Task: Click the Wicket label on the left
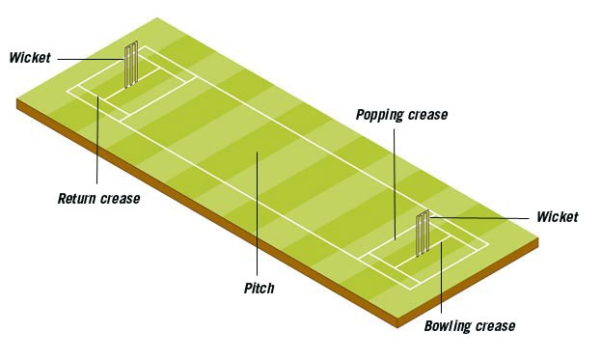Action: tap(30, 58)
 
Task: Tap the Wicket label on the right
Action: tap(557, 217)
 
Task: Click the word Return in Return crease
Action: tap(77, 199)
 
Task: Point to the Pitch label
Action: tap(260, 288)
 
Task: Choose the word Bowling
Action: tap(448, 326)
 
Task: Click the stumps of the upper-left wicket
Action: tap(130, 65)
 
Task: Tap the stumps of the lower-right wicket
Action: tap(423, 234)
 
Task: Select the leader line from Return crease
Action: tap(97, 140)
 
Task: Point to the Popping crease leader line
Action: tap(395, 184)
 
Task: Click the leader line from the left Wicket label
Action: tap(91, 59)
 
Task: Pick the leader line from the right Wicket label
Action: tap(479, 218)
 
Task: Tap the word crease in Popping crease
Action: tap(427, 115)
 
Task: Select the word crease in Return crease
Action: tap(120, 199)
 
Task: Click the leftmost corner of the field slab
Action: tap(16, 99)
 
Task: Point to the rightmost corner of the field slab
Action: tap(538, 238)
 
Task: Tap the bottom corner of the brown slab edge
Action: tap(398, 328)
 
